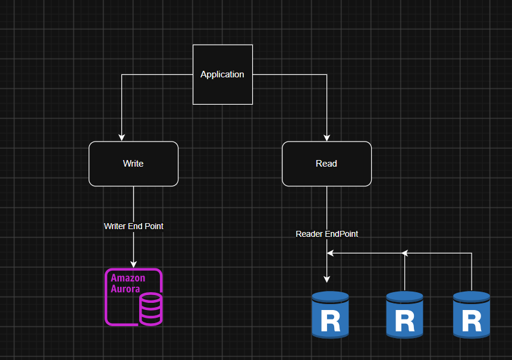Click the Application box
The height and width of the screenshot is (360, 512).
tap(222, 74)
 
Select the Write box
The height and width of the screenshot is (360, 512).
tap(134, 164)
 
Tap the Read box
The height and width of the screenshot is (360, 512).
tap(326, 164)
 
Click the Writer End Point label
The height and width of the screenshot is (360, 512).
tap(134, 226)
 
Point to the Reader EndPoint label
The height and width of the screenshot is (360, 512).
tap(326, 234)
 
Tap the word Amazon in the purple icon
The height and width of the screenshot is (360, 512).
tap(128, 278)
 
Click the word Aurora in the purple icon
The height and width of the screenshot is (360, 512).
tap(125, 289)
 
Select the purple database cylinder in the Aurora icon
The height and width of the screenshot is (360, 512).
tap(151, 309)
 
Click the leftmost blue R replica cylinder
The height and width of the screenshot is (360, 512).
tap(330, 315)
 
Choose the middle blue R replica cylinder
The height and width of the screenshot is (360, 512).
tap(404, 315)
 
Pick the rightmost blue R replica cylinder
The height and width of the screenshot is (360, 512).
tap(472, 315)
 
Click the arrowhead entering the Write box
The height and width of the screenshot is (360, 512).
tap(122, 137)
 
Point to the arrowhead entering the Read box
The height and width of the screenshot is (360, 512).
tap(326, 137)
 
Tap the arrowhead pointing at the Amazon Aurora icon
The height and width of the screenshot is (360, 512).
tap(134, 264)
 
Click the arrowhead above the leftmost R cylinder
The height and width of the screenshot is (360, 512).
tap(326, 279)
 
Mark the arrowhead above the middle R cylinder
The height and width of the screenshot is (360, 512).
tap(405, 253)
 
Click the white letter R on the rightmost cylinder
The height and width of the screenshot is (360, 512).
tap(472, 321)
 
